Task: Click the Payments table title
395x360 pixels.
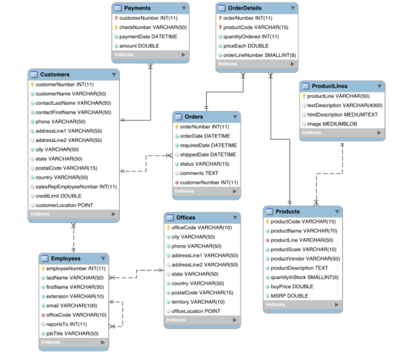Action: point(138,8)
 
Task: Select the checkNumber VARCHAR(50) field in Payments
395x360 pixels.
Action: point(153,27)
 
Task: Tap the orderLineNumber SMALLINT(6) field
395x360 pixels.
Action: point(260,55)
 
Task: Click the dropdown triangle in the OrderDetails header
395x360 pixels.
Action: point(293,8)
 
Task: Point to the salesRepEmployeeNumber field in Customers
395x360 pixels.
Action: point(76,187)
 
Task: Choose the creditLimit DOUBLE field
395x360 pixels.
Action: point(59,196)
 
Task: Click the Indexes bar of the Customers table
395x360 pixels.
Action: point(73,214)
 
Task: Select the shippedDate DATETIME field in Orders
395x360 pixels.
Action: point(208,155)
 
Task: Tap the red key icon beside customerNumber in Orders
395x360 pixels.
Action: point(177,183)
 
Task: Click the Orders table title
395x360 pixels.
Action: point(194,117)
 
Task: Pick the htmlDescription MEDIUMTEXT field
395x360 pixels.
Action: point(342,114)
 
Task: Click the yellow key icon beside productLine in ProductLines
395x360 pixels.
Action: point(304,96)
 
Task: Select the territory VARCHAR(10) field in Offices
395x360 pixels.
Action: point(198,302)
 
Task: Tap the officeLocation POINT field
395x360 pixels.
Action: point(196,311)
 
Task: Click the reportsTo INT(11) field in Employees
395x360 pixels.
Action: point(66,324)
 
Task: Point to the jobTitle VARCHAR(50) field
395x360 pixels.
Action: point(72,333)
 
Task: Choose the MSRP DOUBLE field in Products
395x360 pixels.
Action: point(289,296)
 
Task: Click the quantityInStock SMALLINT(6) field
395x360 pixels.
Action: point(304,277)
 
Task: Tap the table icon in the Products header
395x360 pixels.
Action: point(270,211)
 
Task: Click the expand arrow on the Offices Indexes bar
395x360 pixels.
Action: point(235,320)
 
